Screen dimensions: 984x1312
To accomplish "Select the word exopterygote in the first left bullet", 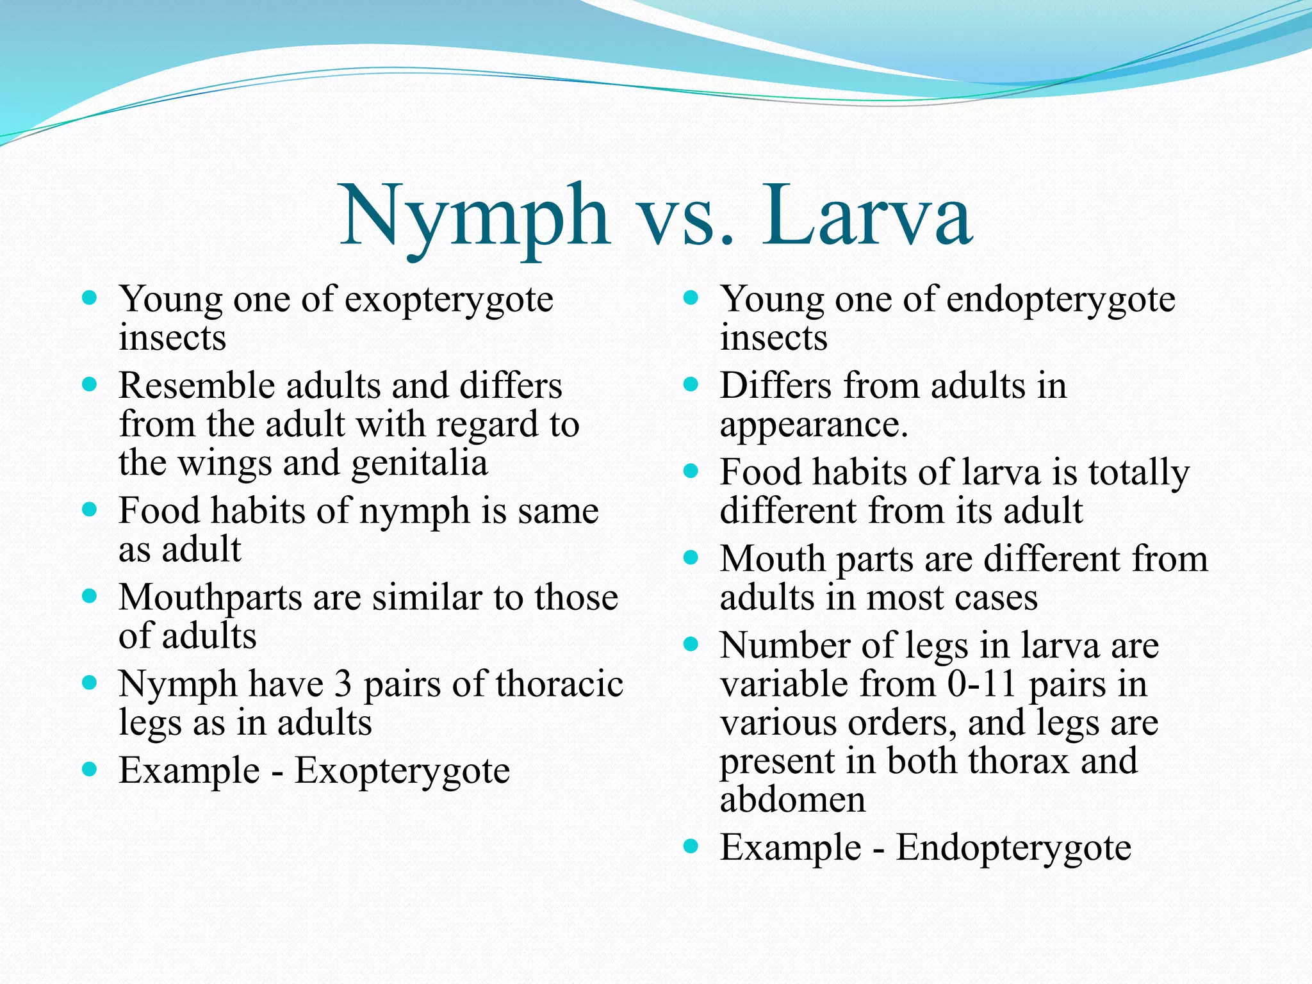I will pyautogui.click(x=448, y=300).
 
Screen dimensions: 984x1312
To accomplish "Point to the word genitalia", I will pyautogui.click(x=420, y=463).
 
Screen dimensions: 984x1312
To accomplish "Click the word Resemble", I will pyautogui.click(x=196, y=386).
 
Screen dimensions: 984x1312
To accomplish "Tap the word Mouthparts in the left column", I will pyautogui.click(x=211, y=598).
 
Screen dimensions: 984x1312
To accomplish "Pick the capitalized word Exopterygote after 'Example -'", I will pyautogui.click(x=402, y=771).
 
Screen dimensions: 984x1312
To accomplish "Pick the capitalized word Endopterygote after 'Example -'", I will pyautogui.click(x=1013, y=848).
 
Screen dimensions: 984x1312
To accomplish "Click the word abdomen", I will pyautogui.click(x=792, y=799).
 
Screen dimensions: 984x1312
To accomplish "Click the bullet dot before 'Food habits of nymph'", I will pyautogui.click(x=90, y=511).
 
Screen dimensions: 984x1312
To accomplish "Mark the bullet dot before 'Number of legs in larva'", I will pyautogui.click(x=691, y=644).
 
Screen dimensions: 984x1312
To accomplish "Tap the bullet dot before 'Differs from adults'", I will pyautogui.click(x=691, y=385).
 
